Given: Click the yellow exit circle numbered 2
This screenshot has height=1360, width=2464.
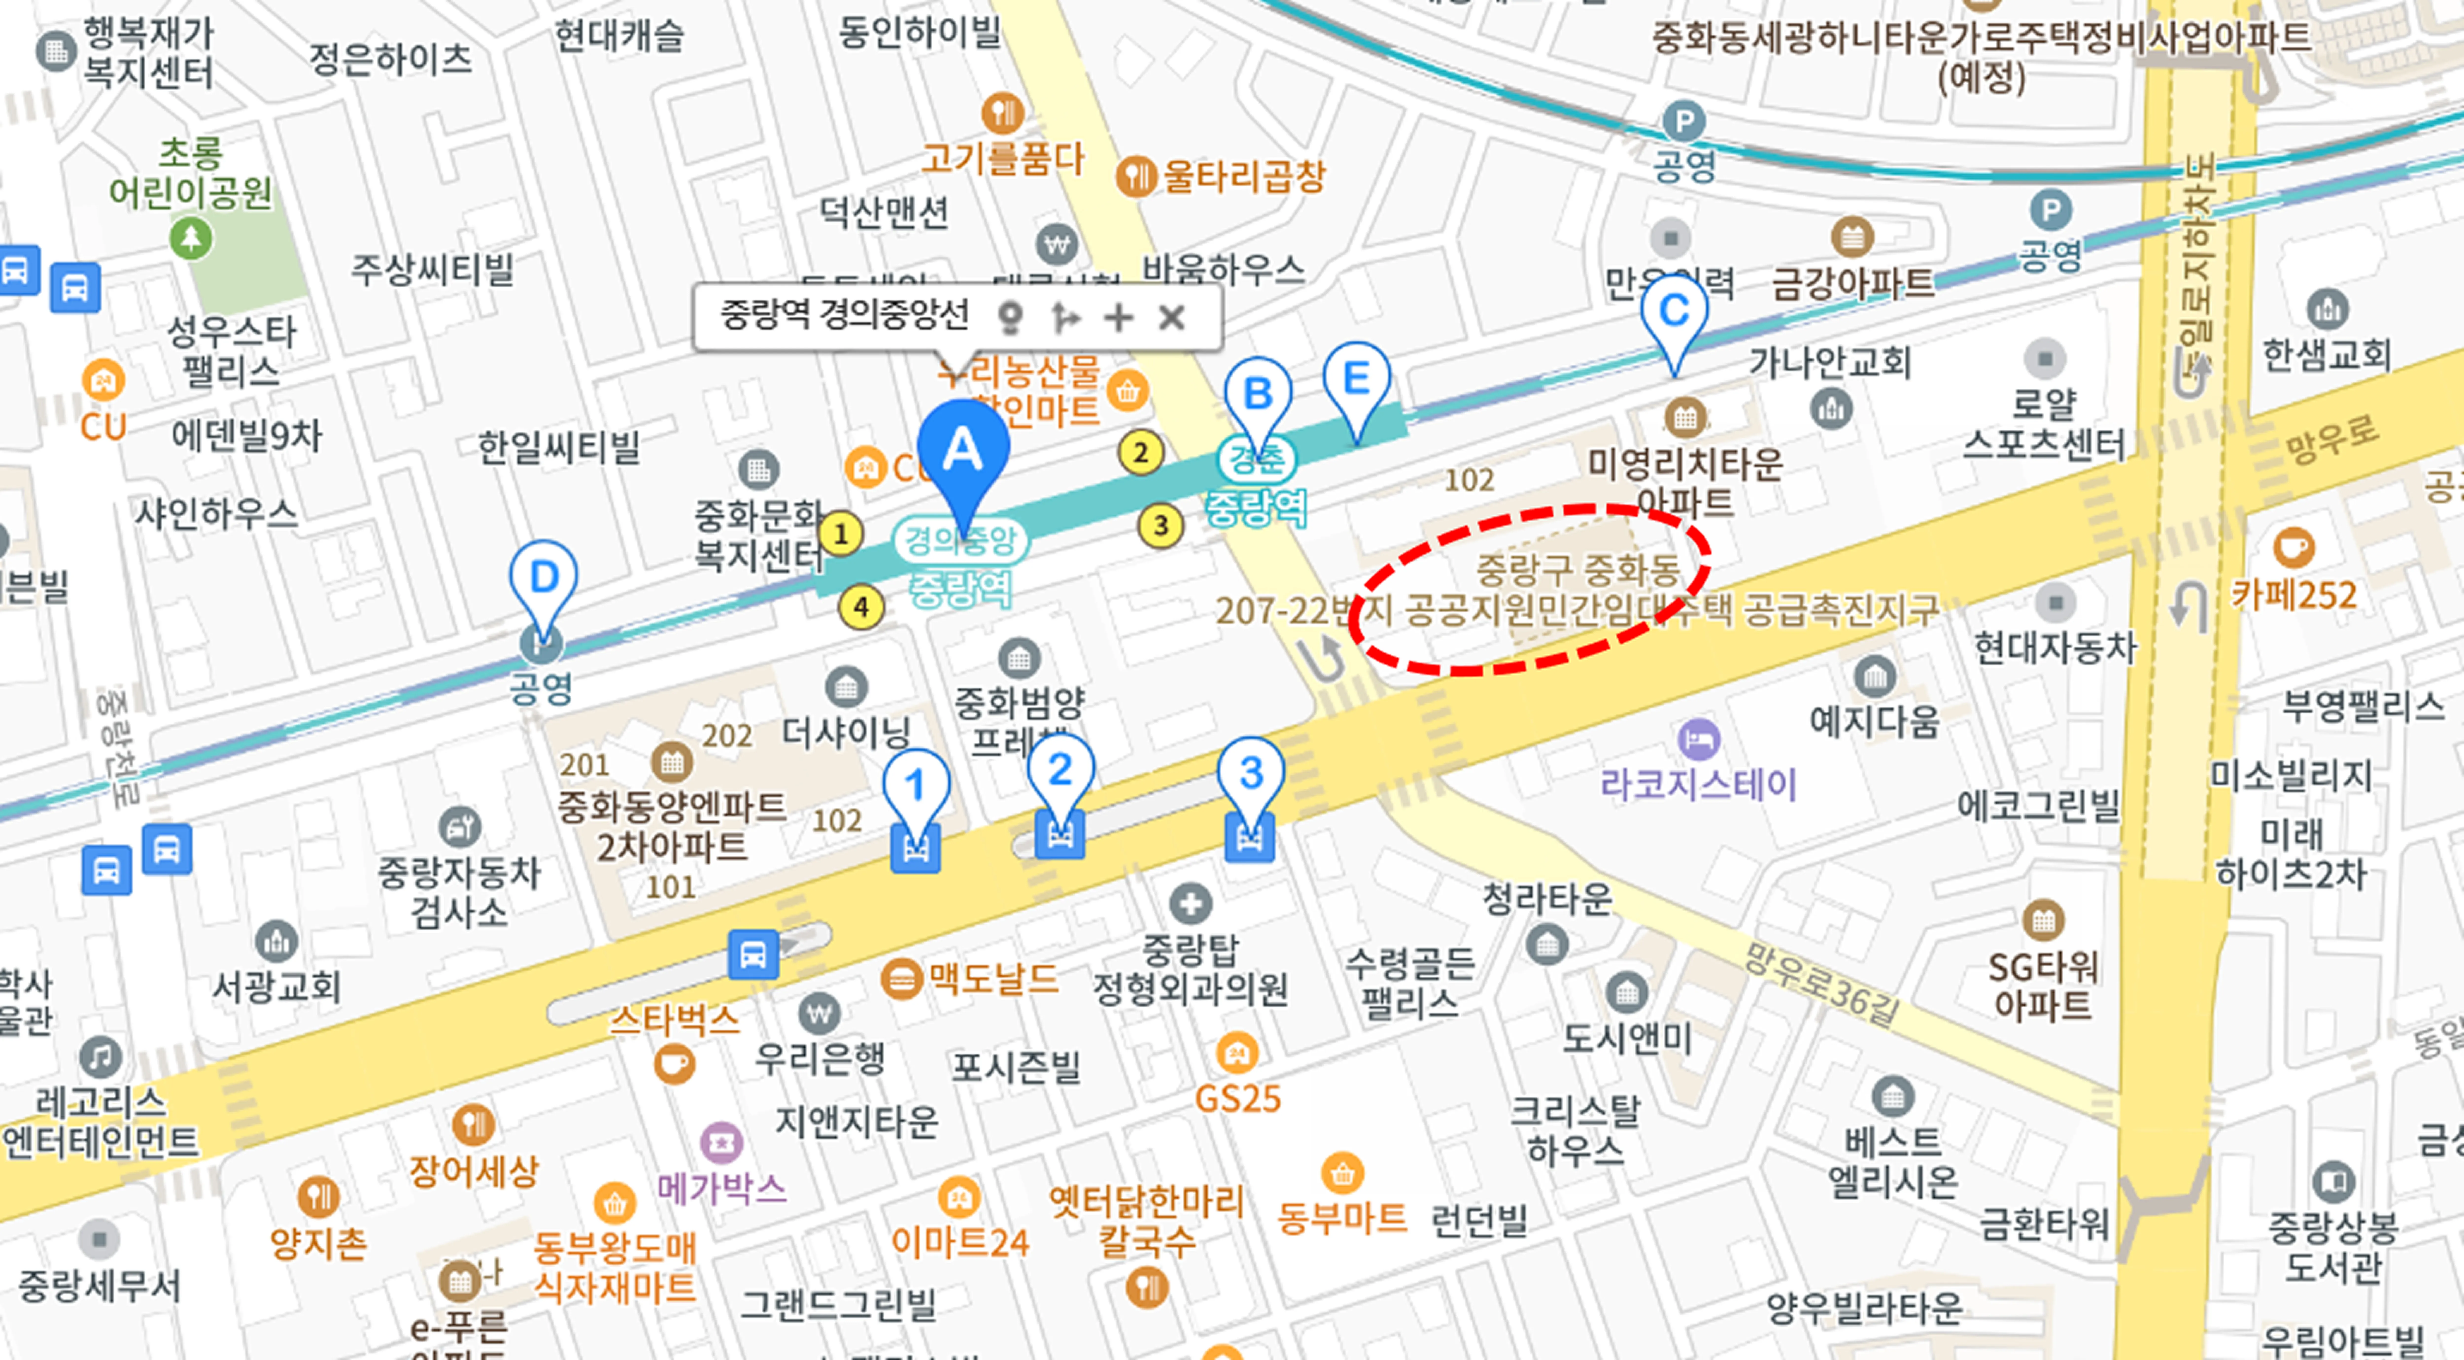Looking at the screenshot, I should (1140, 452).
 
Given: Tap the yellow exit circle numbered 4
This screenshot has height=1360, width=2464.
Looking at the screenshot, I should (861, 606).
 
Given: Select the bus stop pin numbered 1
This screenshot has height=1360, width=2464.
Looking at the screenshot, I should (915, 786).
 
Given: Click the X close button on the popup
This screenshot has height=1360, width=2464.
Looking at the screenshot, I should (1172, 317).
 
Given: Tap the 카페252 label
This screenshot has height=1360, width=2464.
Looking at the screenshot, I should (2294, 595).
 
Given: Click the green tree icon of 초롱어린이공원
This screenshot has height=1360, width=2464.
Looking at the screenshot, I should (190, 237).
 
